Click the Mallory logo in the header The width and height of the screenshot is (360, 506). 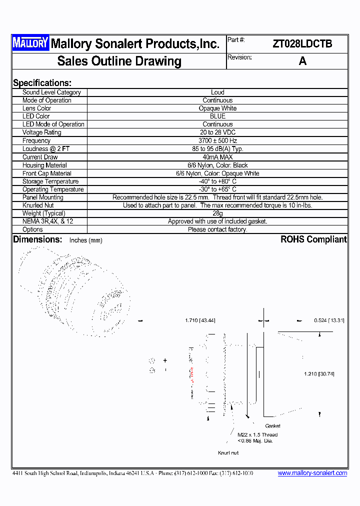30,43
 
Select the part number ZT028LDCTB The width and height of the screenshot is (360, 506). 302,44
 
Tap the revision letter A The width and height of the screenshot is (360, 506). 302,61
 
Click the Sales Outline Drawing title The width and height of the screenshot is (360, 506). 119,61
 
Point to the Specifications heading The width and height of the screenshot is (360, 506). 42,83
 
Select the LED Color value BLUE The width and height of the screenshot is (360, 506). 217,116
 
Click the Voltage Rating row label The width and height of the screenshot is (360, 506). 42,132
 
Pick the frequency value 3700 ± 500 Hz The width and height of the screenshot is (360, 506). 217,141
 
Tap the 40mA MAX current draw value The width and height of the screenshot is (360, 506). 217,157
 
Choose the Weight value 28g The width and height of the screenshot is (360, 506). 217,213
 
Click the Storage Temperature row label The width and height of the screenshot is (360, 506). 50,181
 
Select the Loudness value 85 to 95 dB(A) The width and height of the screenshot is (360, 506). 217,149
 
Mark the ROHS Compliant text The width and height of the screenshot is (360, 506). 313,239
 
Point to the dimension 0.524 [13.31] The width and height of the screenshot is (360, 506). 329,320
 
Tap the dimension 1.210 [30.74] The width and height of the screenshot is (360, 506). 319,374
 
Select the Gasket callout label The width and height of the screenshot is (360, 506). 272,426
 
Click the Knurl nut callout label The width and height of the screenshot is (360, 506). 228,453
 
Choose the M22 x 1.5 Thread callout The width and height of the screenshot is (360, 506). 257,434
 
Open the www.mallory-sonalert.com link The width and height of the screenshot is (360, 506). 312,473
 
